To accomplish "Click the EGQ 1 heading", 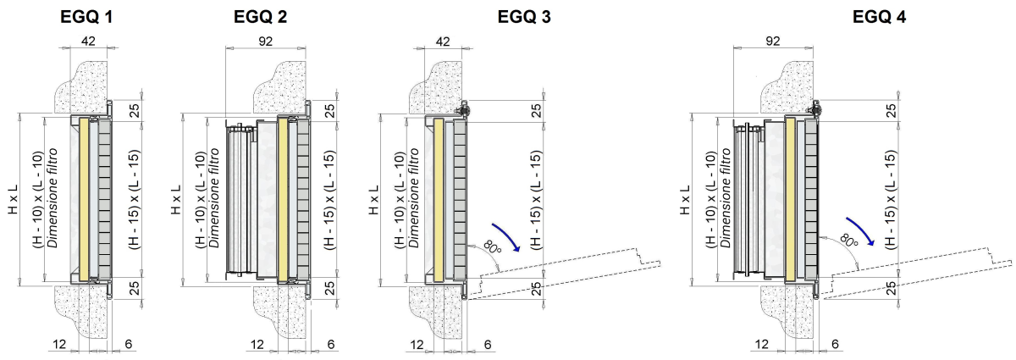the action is click(x=86, y=17).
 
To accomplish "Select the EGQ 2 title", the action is click(x=261, y=17).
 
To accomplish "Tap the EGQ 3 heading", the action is click(x=524, y=17).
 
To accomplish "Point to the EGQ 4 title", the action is click(x=879, y=17).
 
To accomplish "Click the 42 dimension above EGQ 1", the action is click(x=88, y=41).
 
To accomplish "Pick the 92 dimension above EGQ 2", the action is click(x=265, y=41).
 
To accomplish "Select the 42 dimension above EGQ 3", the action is click(x=443, y=42).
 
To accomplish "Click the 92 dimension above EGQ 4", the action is click(x=773, y=41).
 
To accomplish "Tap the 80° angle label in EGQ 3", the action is click(x=493, y=246).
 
